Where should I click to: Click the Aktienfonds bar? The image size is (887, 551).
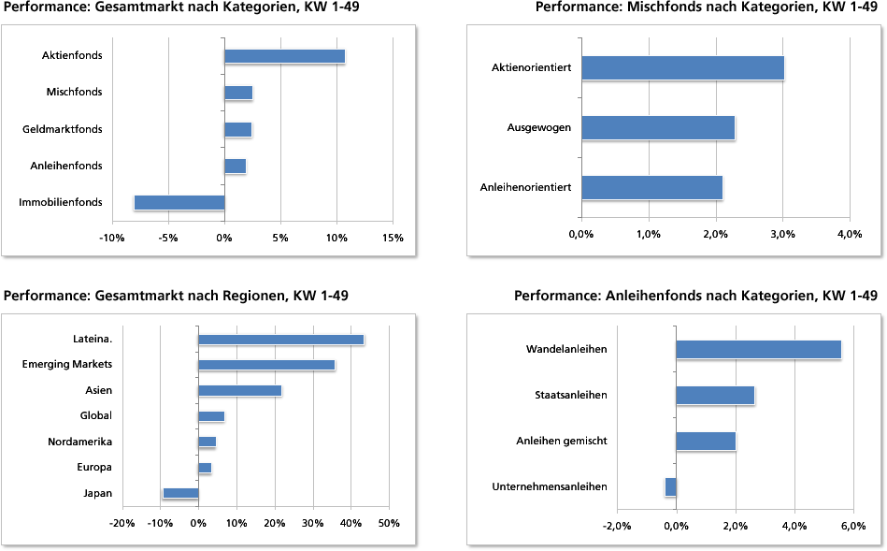pyautogui.click(x=284, y=56)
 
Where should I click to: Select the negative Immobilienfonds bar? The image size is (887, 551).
pyautogui.click(x=179, y=202)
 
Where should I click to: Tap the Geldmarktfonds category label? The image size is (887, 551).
pyautogui.click(x=63, y=129)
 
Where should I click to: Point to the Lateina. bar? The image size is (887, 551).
pyautogui.click(x=280, y=340)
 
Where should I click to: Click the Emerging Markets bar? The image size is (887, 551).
pyautogui.click(x=266, y=365)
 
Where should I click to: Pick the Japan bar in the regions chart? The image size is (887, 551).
pyautogui.click(x=180, y=493)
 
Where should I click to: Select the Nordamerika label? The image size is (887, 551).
pyautogui.click(x=80, y=442)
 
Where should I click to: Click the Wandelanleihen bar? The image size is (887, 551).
pyautogui.click(x=758, y=349)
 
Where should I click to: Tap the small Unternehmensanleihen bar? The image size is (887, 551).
pyautogui.click(x=670, y=486)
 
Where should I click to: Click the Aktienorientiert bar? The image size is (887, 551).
pyautogui.click(x=682, y=68)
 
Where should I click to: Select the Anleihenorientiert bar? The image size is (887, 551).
pyautogui.click(x=651, y=187)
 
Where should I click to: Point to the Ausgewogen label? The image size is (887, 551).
pyautogui.click(x=539, y=128)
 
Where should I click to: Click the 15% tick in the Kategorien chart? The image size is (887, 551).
pyautogui.click(x=393, y=238)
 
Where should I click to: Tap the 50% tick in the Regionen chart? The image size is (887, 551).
pyautogui.click(x=388, y=523)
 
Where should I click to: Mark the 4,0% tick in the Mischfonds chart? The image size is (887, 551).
pyautogui.click(x=849, y=233)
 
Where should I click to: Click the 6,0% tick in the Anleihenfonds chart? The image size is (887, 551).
pyautogui.click(x=853, y=526)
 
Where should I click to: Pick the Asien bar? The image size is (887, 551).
pyautogui.click(x=239, y=390)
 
